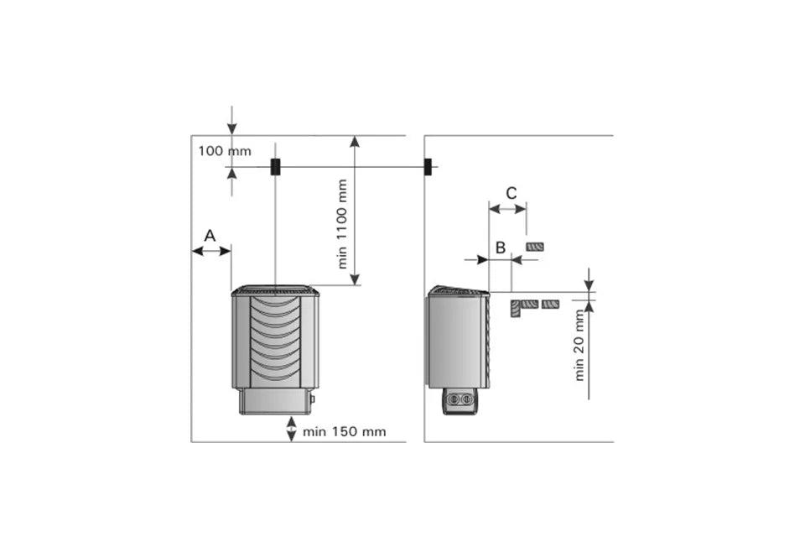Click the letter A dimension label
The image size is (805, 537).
(210, 236)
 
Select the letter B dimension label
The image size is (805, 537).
(501, 248)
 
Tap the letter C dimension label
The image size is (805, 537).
(512, 193)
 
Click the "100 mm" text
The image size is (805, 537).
(225, 151)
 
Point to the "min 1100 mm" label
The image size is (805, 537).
(342, 223)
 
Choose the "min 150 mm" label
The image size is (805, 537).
(344, 431)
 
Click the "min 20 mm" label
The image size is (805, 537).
(579, 345)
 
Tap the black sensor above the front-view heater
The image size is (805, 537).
(275, 166)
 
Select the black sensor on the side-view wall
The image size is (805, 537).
(428, 166)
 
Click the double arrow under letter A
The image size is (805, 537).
(211, 251)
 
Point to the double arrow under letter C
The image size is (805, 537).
(508, 209)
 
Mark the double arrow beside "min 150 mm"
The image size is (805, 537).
(291, 429)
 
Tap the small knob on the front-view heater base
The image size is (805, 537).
(312, 399)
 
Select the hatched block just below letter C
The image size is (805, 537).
(535, 248)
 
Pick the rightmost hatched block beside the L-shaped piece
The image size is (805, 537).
(550, 305)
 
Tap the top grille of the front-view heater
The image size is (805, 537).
(275, 291)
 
